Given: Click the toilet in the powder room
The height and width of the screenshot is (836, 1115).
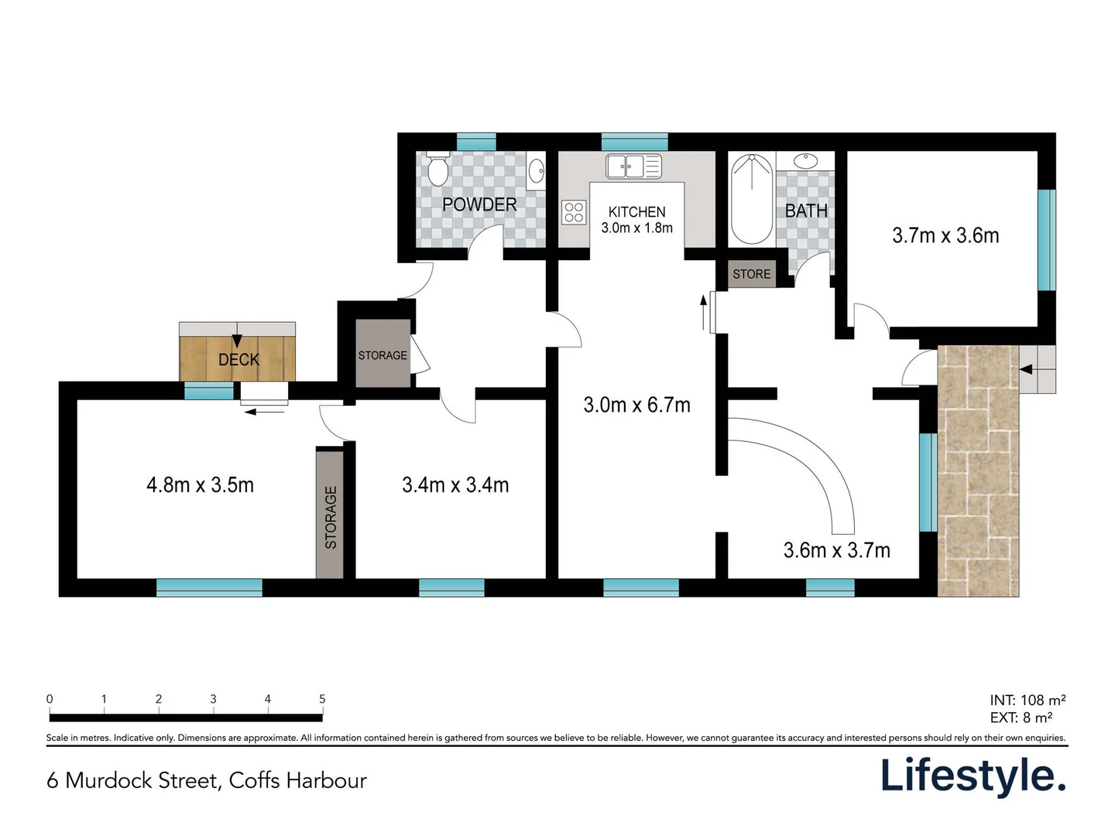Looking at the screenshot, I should click(438, 169).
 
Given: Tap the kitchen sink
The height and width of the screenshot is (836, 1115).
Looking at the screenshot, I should click(633, 166).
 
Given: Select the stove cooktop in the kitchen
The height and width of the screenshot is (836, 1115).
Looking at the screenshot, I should click(574, 212).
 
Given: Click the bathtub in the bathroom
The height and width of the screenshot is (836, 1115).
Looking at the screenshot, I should click(751, 199).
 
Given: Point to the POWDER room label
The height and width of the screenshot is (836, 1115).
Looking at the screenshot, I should click(479, 204).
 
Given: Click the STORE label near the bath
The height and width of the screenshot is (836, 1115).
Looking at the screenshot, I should click(751, 274).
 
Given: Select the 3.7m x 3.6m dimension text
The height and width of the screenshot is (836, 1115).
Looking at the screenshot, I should click(945, 235).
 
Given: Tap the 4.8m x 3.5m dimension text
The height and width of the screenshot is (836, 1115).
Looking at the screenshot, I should click(200, 485).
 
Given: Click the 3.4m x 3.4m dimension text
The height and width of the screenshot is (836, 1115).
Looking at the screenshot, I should click(455, 485).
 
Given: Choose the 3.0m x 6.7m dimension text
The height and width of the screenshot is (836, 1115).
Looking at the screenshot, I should click(636, 405).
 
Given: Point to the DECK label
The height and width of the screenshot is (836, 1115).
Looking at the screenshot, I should click(238, 360).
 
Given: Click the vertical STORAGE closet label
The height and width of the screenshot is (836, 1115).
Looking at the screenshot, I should click(331, 517).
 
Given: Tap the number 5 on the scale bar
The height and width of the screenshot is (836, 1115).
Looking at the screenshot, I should click(322, 699).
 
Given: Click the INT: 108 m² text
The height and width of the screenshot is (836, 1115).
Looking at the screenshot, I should click(1028, 700).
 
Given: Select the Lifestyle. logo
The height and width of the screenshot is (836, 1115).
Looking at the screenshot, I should click(973, 776).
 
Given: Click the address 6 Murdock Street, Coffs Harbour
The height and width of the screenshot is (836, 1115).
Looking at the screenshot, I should click(207, 780).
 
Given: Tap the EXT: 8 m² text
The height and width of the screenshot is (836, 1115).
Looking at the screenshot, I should click(1021, 718).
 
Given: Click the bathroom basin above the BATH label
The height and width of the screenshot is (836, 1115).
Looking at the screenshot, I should click(805, 161).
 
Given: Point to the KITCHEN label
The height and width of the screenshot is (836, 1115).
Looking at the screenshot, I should click(636, 212).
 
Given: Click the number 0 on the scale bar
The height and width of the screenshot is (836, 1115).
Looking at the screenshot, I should click(50, 699).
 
